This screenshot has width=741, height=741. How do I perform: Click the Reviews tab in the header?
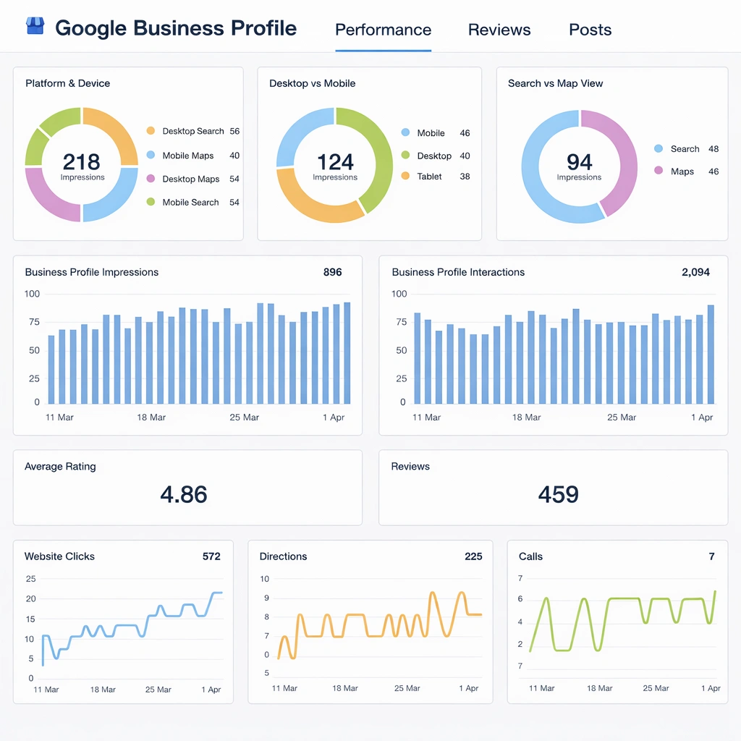point(499,30)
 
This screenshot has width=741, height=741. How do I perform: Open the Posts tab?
point(590,30)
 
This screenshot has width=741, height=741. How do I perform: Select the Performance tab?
point(383,30)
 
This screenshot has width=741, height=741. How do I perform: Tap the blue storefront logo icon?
point(35,27)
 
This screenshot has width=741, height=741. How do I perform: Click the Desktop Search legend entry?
point(192,131)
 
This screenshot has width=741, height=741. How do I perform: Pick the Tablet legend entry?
point(429,176)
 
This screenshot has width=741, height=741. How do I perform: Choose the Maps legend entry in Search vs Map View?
point(682,172)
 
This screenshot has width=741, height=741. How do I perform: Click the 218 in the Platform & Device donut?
point(82,161)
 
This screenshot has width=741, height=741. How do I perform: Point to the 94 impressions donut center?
point(579,162)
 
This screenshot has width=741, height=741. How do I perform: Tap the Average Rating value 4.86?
point(184,495)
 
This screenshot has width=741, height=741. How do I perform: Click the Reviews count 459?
point(558,495)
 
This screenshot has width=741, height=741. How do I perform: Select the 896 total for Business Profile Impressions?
point(332,273)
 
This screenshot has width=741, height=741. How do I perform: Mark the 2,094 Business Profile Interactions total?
point(695,273)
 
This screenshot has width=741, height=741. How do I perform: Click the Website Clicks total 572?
point(211,556)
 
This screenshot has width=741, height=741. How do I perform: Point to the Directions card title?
point(283,556)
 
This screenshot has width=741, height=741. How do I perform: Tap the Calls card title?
point(530,556)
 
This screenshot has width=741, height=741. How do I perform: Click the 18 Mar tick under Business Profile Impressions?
point(151,418)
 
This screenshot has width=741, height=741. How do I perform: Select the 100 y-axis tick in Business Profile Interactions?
point(399,294)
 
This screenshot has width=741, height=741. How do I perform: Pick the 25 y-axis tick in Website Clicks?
point(30,579)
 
